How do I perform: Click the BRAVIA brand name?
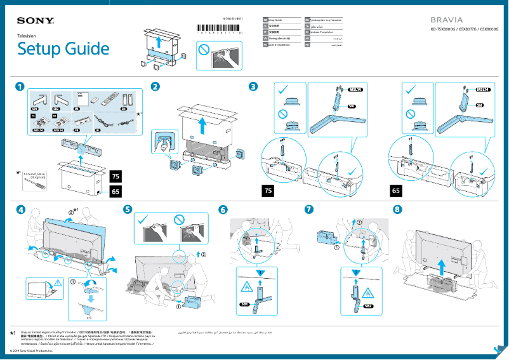click(x=449, y=20)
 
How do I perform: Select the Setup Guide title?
click(x=63, y=49)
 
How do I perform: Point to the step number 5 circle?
click(x=128, y=210)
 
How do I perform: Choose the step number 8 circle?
click(x=397, y=210)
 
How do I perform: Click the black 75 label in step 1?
click(x=116, y=176)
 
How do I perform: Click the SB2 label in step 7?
click(x=369, y=306)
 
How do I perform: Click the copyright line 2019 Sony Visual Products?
click(x=28, y=350)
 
